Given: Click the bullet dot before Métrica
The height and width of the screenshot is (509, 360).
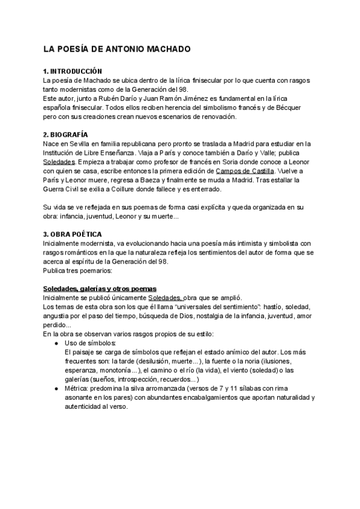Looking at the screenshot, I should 55,388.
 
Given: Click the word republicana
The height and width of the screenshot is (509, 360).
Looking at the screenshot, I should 133,143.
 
